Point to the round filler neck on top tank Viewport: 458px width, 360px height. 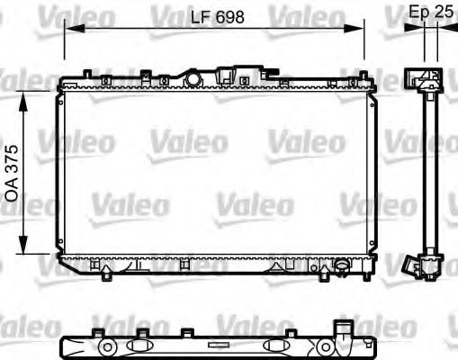(193, 79)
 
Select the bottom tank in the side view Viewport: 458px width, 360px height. (427, 262)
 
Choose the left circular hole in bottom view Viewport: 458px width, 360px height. (107, 346)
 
